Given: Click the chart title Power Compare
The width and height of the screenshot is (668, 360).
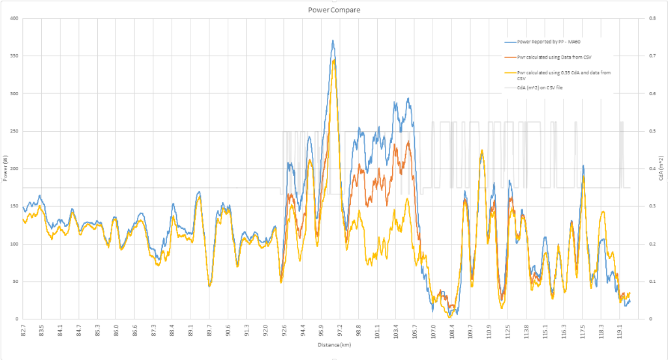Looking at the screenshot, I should click(x=334, y=10).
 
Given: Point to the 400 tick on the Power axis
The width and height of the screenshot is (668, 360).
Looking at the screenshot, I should click(x=14, y=18).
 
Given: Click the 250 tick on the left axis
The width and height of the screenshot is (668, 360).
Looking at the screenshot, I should click(x=14, y=131).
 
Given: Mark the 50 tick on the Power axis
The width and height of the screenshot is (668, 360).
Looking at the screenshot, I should click(x=15, y=282).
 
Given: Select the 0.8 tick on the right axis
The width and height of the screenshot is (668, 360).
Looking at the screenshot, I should click(x=645, y=18).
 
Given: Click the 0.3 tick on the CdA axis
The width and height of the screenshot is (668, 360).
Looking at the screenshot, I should click(x=645, y=206).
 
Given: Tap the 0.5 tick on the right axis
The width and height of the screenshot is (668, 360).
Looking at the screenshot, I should click(x=645, y=131).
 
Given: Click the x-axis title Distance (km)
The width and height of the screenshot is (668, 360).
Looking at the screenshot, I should click(x=333, y=344).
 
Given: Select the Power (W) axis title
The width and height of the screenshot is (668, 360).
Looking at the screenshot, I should click(x=5, y=168).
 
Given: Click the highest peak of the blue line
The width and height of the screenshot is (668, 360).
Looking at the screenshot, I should click(x=333, y=40).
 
